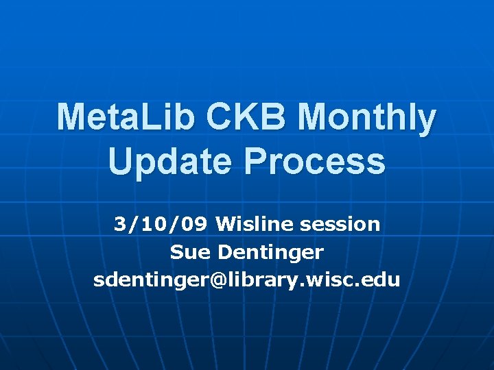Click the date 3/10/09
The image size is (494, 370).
pyautogui.click(x=161, y=224)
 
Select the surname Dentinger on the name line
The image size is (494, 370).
pyautogui.click(x=270, y=252)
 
